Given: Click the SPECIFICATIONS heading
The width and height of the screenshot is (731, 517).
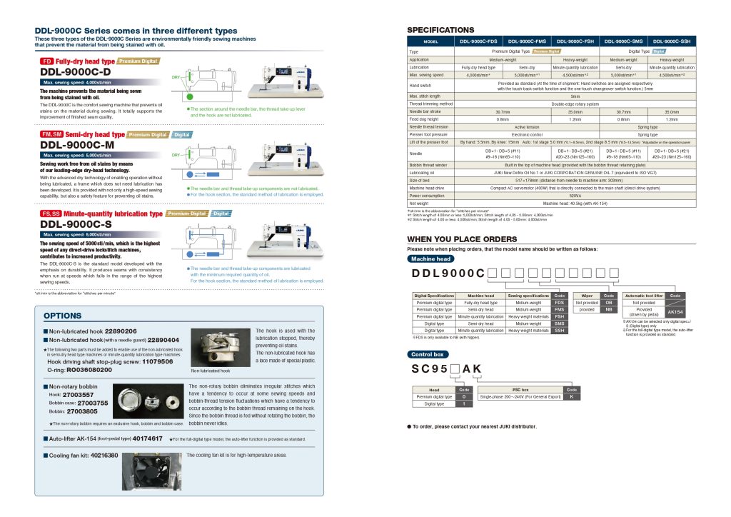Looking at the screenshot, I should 440,30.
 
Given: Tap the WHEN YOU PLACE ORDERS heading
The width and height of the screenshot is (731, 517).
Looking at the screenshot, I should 461,239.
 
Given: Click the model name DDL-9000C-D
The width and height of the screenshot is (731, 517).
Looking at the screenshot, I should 75,72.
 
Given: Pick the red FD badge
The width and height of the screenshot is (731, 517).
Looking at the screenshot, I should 46,62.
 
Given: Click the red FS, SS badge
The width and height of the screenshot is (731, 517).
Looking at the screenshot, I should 51,214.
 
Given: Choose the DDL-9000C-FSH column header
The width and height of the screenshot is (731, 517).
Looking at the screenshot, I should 575,41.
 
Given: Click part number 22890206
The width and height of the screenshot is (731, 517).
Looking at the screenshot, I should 121,331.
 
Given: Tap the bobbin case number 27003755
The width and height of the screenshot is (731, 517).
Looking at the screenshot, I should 90,403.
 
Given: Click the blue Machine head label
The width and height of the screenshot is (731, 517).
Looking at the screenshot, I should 431,258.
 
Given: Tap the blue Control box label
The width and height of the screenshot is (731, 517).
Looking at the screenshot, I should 428,354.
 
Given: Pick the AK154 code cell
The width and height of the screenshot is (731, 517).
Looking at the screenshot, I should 675,312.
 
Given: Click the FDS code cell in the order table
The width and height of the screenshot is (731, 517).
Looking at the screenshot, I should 560,302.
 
